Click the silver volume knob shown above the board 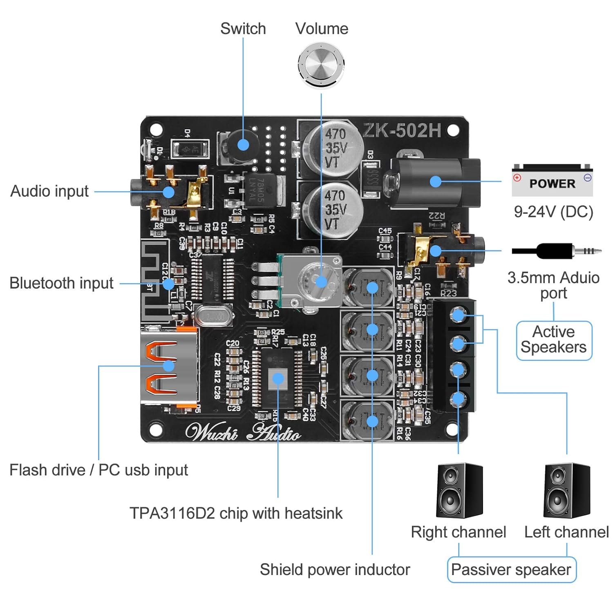point(321,65)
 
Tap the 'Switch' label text point(243,29)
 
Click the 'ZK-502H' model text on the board point(402,130)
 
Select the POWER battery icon point(552,181)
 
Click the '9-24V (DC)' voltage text point(553,212)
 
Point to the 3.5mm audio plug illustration point(557,251)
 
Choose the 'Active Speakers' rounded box point(554,340)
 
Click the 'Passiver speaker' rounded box point(511,570)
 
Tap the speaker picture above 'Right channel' point(459,490)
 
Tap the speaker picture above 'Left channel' point(567,490)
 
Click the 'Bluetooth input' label point(61,283)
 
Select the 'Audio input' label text point(49,191)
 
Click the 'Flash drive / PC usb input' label point(98,470)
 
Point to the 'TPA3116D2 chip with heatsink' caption point(236,513)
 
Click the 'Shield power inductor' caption point(335,570)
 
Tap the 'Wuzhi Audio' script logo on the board point(243,432)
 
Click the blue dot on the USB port point(168,365)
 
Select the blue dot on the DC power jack point(436,181)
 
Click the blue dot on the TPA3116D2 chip point(278,378)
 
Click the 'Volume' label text point(322,29)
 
